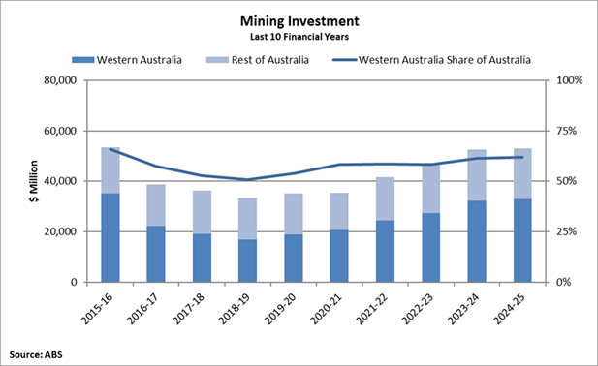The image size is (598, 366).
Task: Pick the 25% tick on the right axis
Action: pyautogui.click(x=566, y=231)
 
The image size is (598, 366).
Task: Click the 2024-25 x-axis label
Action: pyautogui.click(x=513, y=308)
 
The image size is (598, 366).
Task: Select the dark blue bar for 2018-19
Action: pyautogui.click(x=247, y=260)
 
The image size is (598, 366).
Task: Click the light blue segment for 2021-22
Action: pyautogui.click(x=385, y=198)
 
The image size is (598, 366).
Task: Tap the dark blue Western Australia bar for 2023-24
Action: pyautogui.click(x=476, y=241)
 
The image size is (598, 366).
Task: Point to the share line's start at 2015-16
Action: pyautogui.click(x=110, y=149)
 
